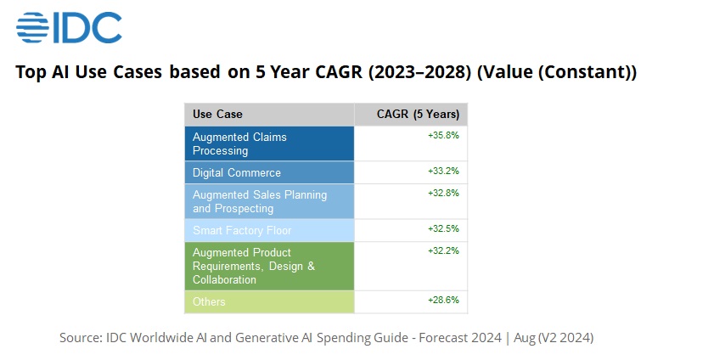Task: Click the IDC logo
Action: pyautogui.click(x=69, y=27)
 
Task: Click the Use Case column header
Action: pyautogui.click(x=217, y=114)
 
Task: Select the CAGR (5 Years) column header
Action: pyautogui.click(x=418, y=114)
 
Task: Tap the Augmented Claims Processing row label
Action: pyautogui.click(x=239, y=143)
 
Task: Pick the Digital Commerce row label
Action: pyautogui.click(x=236, y=172)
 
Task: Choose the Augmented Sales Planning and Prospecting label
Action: pyautogui.click(x=259, y=201)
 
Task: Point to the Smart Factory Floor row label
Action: pyautogui.click(x=241, y=230)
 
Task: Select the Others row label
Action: pyautogui.click(x=209, y=301)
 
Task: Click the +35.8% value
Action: pyautogui.click(x=443, y=135)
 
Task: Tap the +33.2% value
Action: pyautogui.click(x=443, y=171)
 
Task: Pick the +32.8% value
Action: pyautogui.click(x=443, y=193)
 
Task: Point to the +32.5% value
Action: pyautogui.click(x=443, y=228)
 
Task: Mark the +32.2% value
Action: pyautogui.click(x=443, y=250)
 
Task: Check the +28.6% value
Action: pyautogui.click(x=443, y=300)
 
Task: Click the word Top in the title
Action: pyautogui.click(x=31, y=73)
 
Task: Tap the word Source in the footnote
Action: pyautogui.click(x=79, y=337)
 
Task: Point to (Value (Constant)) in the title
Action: pyautogui.click(x=557, y=73)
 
